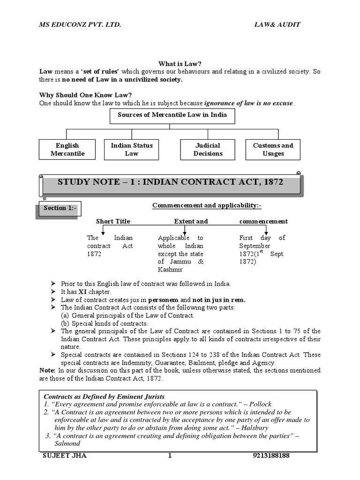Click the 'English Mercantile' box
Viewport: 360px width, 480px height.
click(x=67, y=150)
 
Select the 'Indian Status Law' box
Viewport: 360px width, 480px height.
click(x=132, y=150)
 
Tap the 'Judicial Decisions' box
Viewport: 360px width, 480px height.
click(x=208, y=150)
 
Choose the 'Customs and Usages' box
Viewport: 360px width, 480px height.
click(x=273, y=150)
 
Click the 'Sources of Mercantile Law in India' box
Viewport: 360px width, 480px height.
click(x=172, y=115)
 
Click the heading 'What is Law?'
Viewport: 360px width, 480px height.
click(x=172, y=64)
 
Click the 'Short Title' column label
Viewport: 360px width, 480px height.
click(x=113, y=221)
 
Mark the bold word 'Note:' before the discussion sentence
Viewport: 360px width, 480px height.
click(x=48, y=370)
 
